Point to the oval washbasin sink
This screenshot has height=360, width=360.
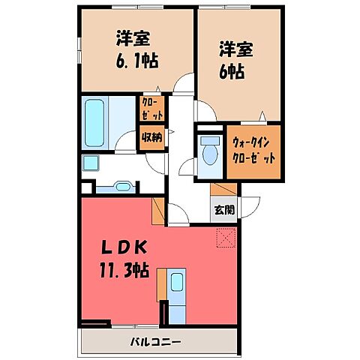(x=122, y=186)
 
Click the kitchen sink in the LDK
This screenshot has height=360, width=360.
(x=178, y=283)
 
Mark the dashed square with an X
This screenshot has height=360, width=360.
(x=226, y=237)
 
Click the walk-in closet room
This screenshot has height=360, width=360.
(x=254, y=154)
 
